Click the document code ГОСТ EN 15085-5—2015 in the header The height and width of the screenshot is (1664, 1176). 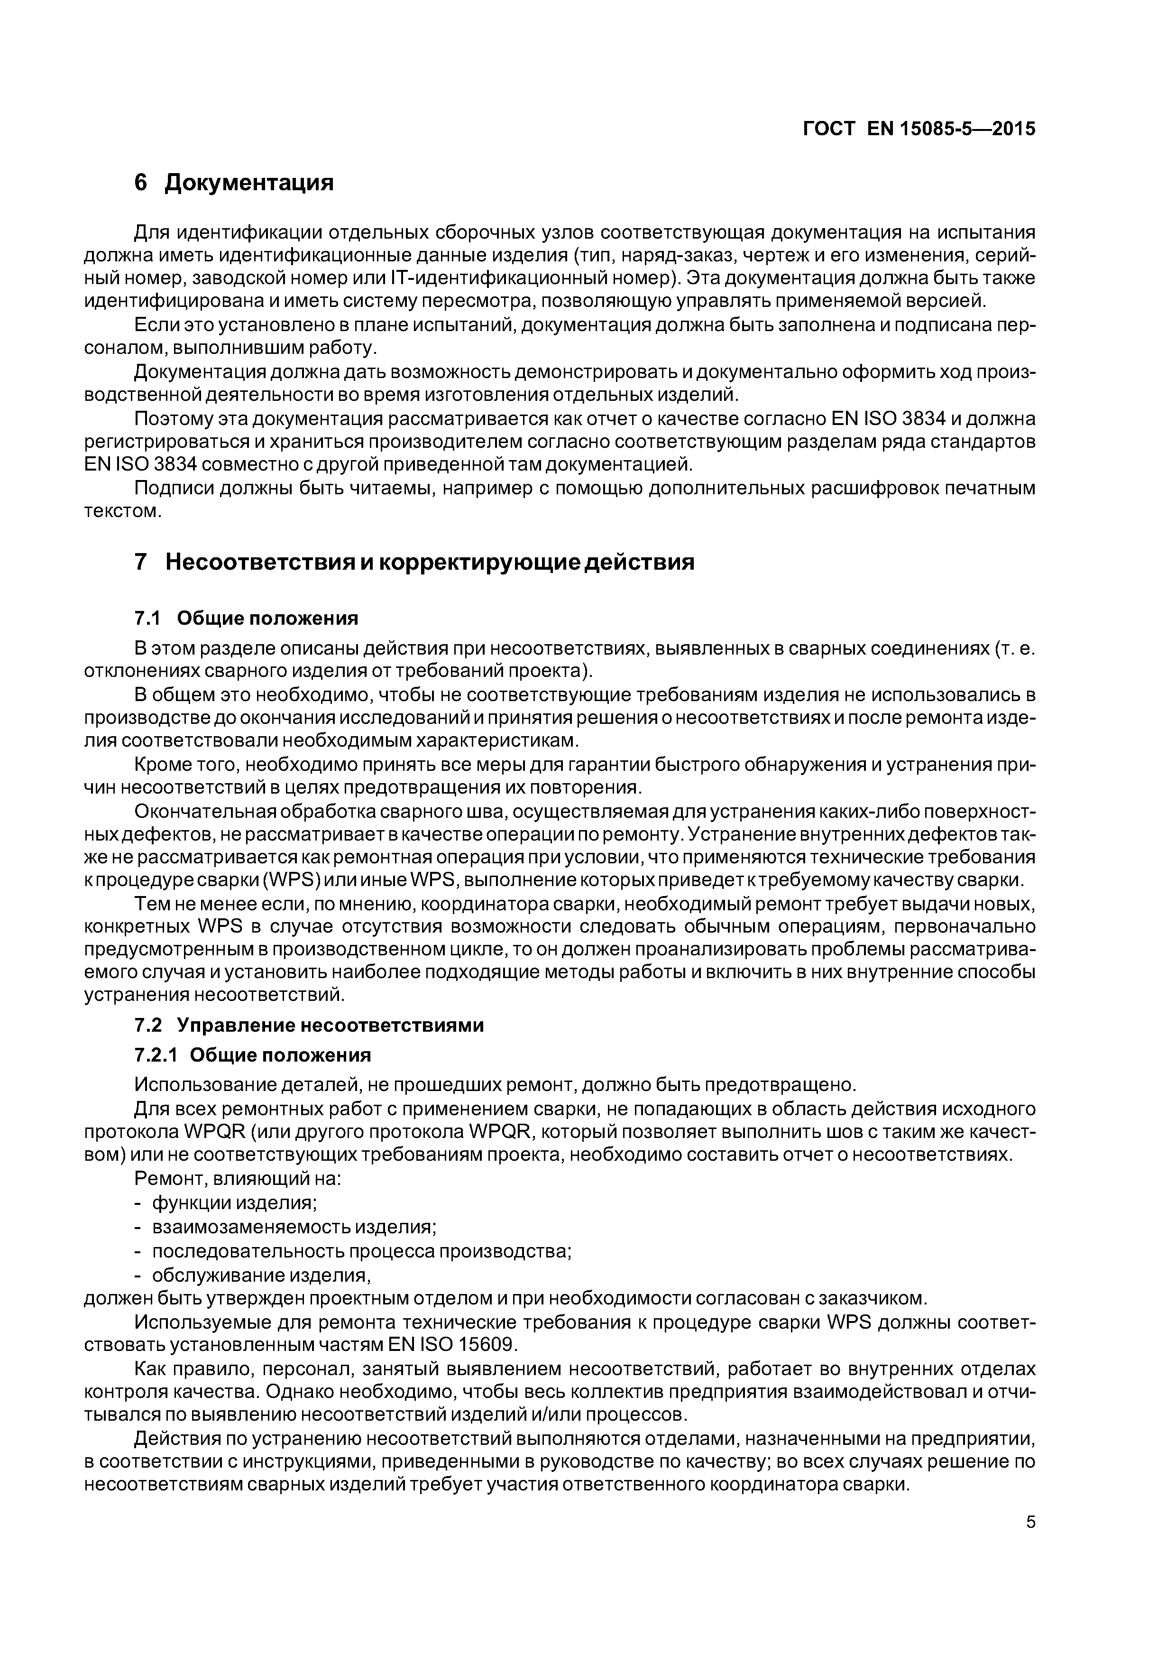tap(919, 129)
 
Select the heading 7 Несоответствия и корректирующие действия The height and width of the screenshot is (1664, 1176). tap(414, 562)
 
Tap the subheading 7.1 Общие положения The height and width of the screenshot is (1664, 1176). tap(247, 618)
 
